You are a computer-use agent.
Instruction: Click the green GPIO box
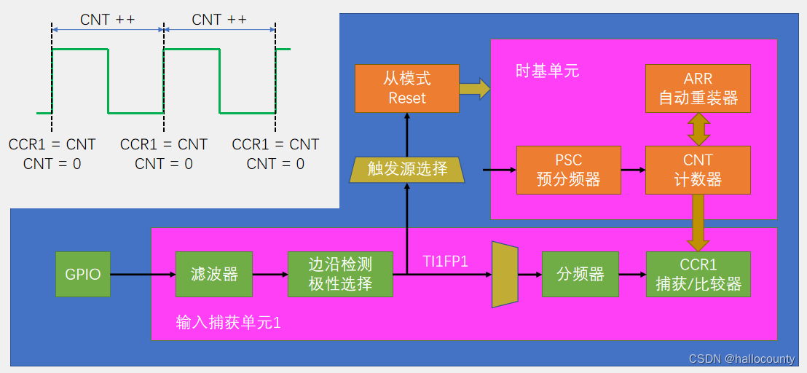(x=83, y=275)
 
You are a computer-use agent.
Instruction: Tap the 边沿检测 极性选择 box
(x=340, y=275)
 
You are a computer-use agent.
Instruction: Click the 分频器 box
(x=580, y=275)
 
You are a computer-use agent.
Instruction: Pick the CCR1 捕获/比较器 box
(x=698, y=275)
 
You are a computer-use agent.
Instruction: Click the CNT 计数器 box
(x=698, y=170)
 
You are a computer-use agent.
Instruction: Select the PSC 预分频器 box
(x=569, y=170)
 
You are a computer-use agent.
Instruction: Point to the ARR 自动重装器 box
(x=698, y=88)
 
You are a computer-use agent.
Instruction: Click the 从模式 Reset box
(x=407, y=88)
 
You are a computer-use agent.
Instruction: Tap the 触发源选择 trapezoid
(x=407, y=169)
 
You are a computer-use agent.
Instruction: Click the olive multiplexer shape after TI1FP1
(x=504, y=275)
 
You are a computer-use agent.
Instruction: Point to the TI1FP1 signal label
(x=446, y=261)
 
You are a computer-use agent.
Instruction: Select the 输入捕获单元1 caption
(x=228, y=322)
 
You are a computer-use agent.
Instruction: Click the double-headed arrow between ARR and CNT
(x=698, y=129)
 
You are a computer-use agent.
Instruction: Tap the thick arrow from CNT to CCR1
(x=698, y=222)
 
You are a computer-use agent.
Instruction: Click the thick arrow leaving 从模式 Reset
(x=474, y=89)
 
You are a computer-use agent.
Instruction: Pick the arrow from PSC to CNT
(x=633, y=170)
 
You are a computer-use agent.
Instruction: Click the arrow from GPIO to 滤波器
(x=143, y=275)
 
